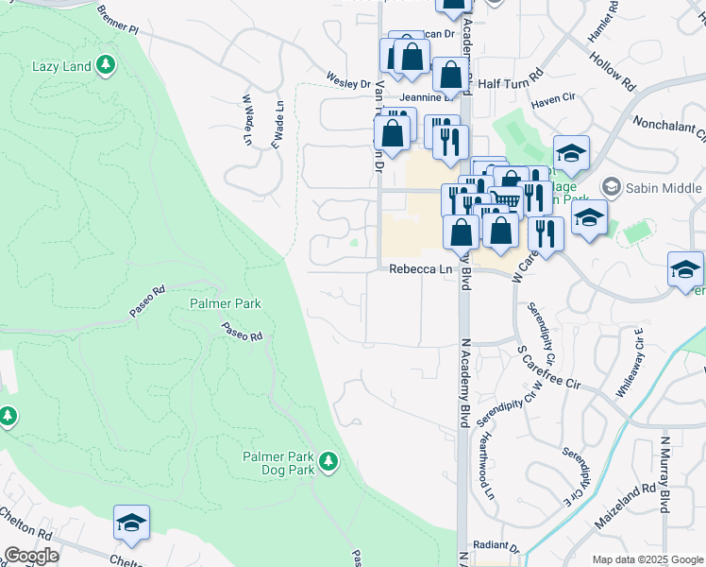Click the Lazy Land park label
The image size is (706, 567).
60,66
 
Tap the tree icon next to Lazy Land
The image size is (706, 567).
107,65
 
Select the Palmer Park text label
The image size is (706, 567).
225,303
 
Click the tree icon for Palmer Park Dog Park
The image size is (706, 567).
328,461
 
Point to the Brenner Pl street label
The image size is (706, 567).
117,19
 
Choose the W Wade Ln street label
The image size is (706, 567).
247,119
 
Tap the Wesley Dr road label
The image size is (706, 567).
348,81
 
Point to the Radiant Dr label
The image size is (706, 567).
496,546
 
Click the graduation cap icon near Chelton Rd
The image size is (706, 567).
132,524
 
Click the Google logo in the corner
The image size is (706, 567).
31,556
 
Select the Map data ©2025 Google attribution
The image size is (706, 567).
647,559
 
